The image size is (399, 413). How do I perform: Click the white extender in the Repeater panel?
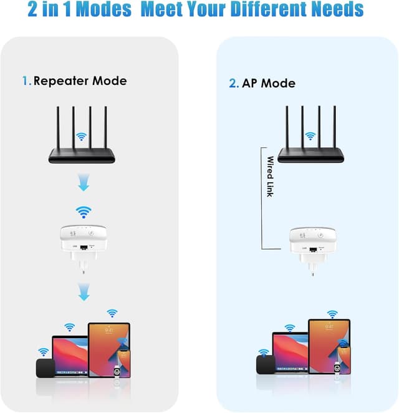(81, 240)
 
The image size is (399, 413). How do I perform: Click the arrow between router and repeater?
(81, 183)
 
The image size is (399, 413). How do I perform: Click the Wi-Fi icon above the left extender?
(81, 211)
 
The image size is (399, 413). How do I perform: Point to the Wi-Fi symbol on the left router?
(80, 135)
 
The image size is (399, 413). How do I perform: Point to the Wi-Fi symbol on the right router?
(310, 135)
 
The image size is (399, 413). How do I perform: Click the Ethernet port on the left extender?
(81, 248)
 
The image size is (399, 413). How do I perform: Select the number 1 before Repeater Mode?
(25, 80)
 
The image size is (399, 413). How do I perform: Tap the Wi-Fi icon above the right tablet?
(332, 313)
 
